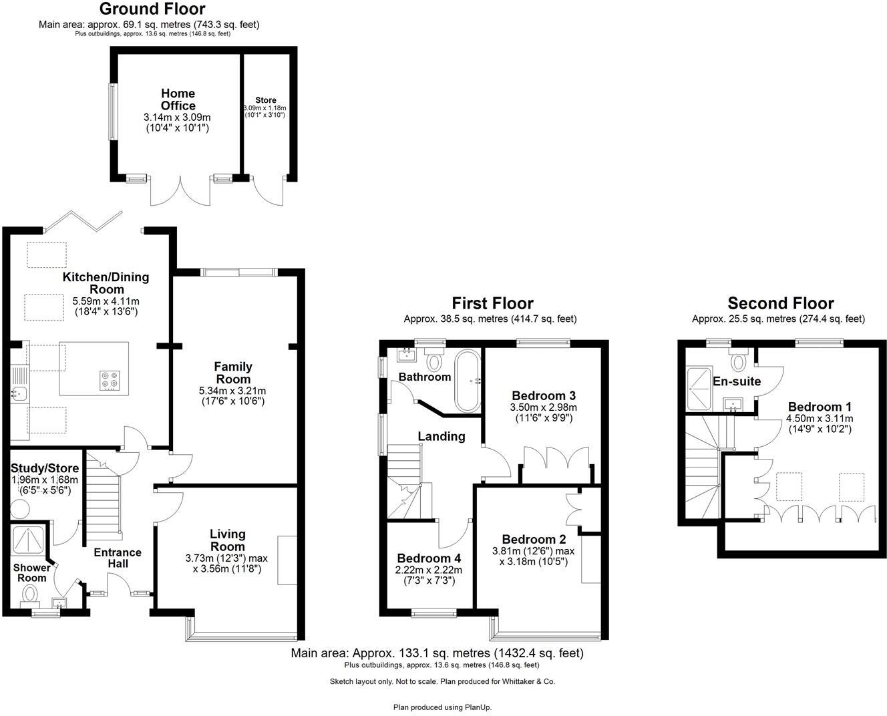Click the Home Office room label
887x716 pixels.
(x=178, y=100)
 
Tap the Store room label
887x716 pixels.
(x=265, y=100)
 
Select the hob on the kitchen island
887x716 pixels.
(x=108, y=380)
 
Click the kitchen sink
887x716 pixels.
(x=17, y=393)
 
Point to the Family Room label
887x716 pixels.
(x=233, y=372)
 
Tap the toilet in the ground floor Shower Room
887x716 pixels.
(x=29, y=592)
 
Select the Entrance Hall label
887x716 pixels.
(x=118, y=558)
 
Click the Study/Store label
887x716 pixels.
(x=45, y=468)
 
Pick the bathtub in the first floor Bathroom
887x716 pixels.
(x=466, y=381)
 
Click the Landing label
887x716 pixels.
(x=441, y=436)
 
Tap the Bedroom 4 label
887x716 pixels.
(x=428, y=558)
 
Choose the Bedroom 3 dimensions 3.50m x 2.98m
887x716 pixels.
(x=544, y=407)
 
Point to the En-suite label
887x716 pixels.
(x=737, y=381)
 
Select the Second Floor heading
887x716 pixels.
(x=780, y=303)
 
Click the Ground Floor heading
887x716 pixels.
(x=152, y=9)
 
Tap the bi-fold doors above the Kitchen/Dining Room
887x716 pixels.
(x=83, y=219)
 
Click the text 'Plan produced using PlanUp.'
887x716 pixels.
(x=442, y=707)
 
